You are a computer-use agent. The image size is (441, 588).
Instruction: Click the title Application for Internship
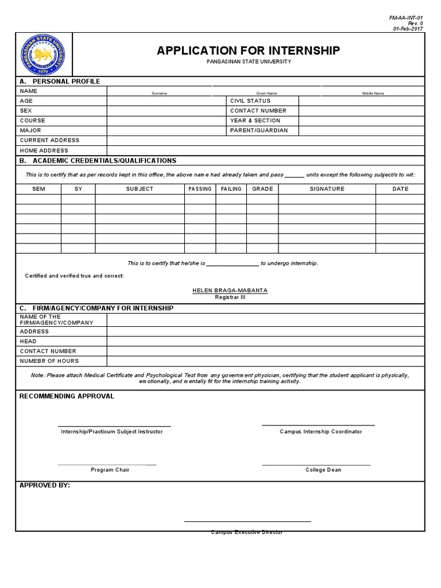tap(248, 51)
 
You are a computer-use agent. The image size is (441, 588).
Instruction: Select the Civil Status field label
tap(250, 101)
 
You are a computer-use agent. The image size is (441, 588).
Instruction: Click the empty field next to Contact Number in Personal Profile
tap(361, 111)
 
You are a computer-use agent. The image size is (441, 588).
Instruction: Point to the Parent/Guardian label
tap(258, 130)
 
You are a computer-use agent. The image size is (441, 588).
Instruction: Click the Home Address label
tap(44, 150)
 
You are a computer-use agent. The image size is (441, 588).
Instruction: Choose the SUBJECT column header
tap(140, 189)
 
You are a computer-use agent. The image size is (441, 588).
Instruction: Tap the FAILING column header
tap(231, 189)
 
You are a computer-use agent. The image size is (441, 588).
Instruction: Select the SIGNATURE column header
tap(327, 189)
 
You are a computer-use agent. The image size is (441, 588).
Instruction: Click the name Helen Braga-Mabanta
tap(230, 291)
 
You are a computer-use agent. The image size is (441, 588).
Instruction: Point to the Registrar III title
tap(230, 297)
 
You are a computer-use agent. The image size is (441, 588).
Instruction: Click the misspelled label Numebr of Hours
tap(49, 361)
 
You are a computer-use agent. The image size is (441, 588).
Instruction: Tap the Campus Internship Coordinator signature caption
tap(320, 432)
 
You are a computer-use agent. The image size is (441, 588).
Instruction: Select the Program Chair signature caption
tap(110, 470)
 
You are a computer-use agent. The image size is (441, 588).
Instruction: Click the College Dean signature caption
tap(323, 470)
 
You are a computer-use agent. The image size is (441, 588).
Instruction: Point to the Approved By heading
tap(45, 485)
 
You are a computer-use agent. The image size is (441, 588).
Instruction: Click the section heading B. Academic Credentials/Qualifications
tap(98, 161)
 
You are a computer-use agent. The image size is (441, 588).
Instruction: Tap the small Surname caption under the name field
tap(159, 93)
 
